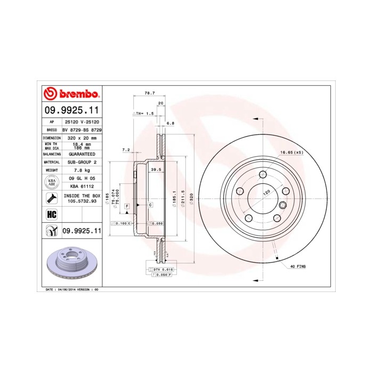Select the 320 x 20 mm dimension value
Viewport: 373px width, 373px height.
82,137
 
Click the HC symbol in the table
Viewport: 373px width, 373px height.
52,215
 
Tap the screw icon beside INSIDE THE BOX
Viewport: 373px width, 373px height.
52,199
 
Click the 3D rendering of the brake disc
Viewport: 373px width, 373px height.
71,264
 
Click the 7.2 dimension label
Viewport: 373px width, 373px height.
126,150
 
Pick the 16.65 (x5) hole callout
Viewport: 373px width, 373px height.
291,152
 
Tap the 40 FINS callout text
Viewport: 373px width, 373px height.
298,266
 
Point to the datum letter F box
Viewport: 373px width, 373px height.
127,205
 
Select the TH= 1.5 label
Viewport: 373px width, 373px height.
143,114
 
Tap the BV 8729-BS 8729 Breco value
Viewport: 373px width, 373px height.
82,129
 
